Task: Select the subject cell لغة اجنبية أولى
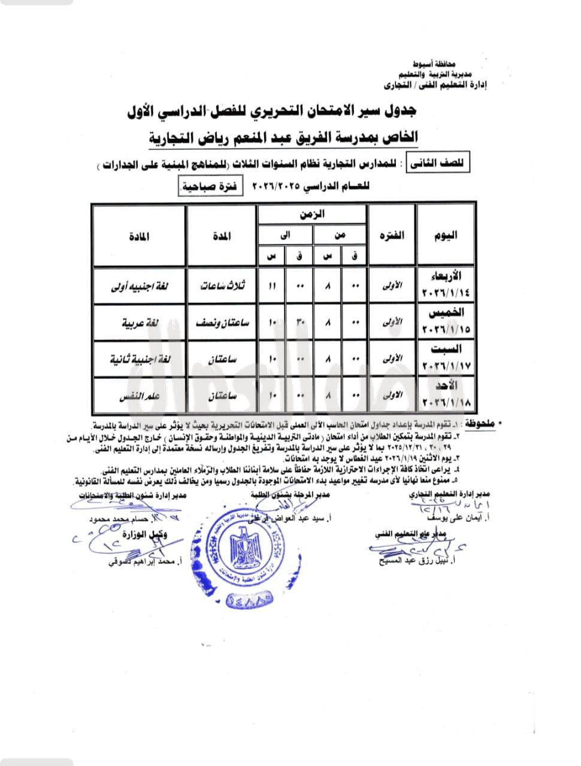(x=138, y=285)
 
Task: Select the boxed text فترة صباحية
(x=209, y=186)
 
